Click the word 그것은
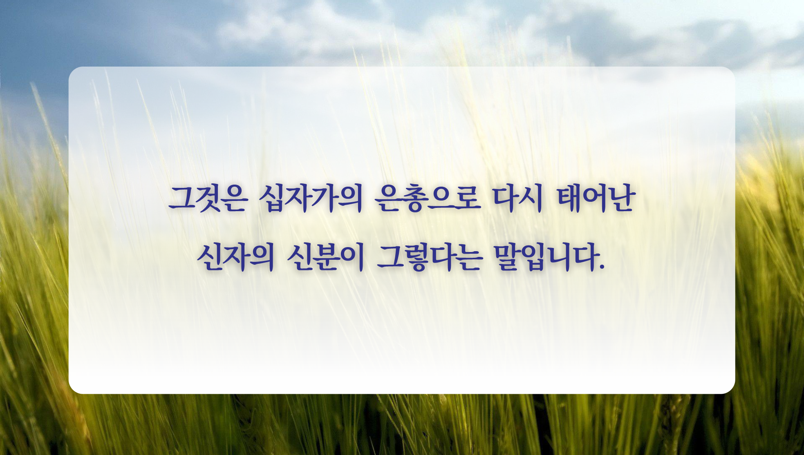click(x=208, y=199)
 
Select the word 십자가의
click(x=311, y=199)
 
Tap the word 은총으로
click(x=427, y=199)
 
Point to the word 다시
click(x=517, y=199)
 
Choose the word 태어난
click(x=596, y=199)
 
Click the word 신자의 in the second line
click(x=235, y=258)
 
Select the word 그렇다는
click(x=429, y=258)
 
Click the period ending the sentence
click(x=601, y=268)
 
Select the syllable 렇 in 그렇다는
click(x=416, y=258)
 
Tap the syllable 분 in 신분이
click(x=325, y=258)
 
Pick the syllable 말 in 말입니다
click(x=507, y=258)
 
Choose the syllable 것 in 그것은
click(x=208, y=199)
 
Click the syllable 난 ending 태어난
click(x=623, y=199)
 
